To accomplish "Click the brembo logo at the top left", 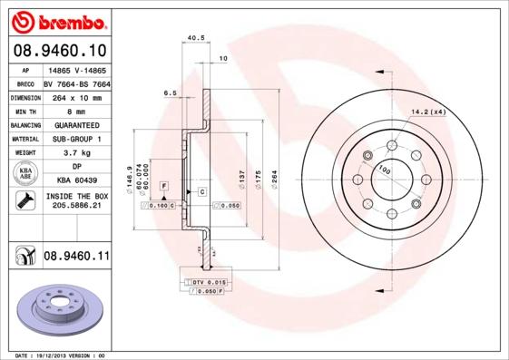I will pos(59,19).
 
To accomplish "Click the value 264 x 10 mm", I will pos(76,96).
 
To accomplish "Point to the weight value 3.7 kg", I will pos(76,153).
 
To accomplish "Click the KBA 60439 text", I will pos(76,180).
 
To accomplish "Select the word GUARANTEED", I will pos(76,124).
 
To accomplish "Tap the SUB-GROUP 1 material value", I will pos(76,139).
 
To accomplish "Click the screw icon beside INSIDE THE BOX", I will pos(23,201).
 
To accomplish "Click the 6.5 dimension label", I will pos(170,92).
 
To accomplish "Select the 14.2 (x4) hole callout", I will pos(428,112).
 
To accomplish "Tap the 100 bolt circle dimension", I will pos(384,170).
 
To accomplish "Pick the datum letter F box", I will pos(163,185).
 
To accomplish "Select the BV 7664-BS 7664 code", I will pos(76,83).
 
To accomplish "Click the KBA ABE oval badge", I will pos(26,174).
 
